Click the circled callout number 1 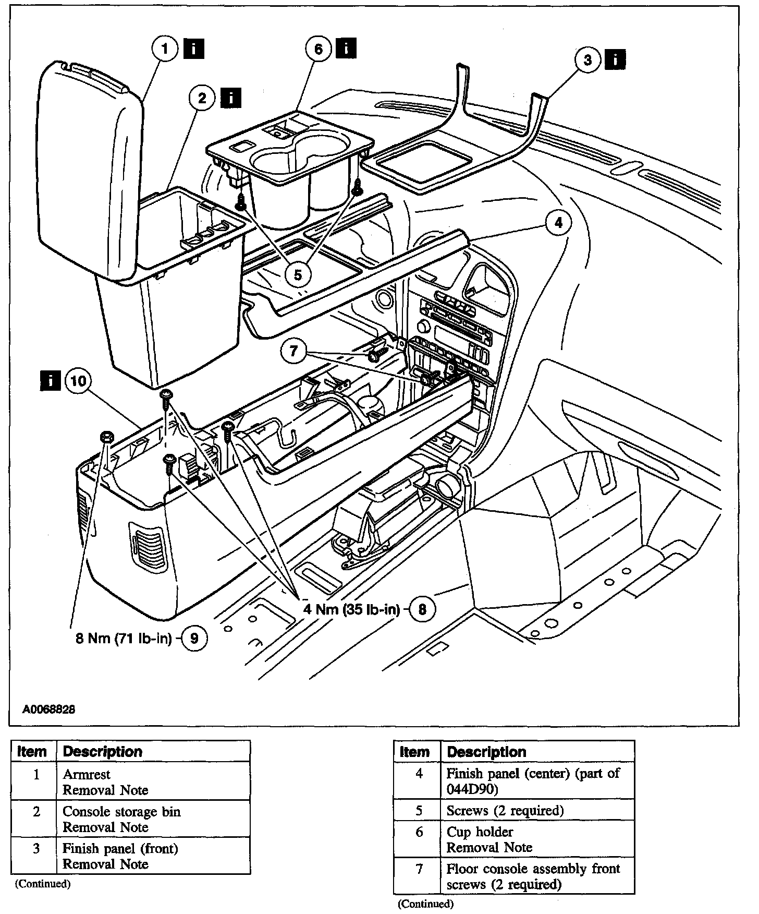[x=165, y=50]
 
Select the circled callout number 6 [x=319, y=49]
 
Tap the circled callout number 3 [x=588, y=61]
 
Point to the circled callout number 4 [x=558, y=223]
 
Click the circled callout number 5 [x=298, y=274]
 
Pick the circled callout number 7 [x=294, y=351]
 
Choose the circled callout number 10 [x=78, y=381]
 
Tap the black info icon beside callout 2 [x=231, y=98]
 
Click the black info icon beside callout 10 [x=51, y=381]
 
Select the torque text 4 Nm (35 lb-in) [x=351, y=609]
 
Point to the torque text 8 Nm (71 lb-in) [x=124, y=639]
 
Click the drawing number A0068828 [x=49, y=709]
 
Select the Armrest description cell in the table [x=153, y=781]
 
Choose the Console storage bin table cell [x=153, y=819]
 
